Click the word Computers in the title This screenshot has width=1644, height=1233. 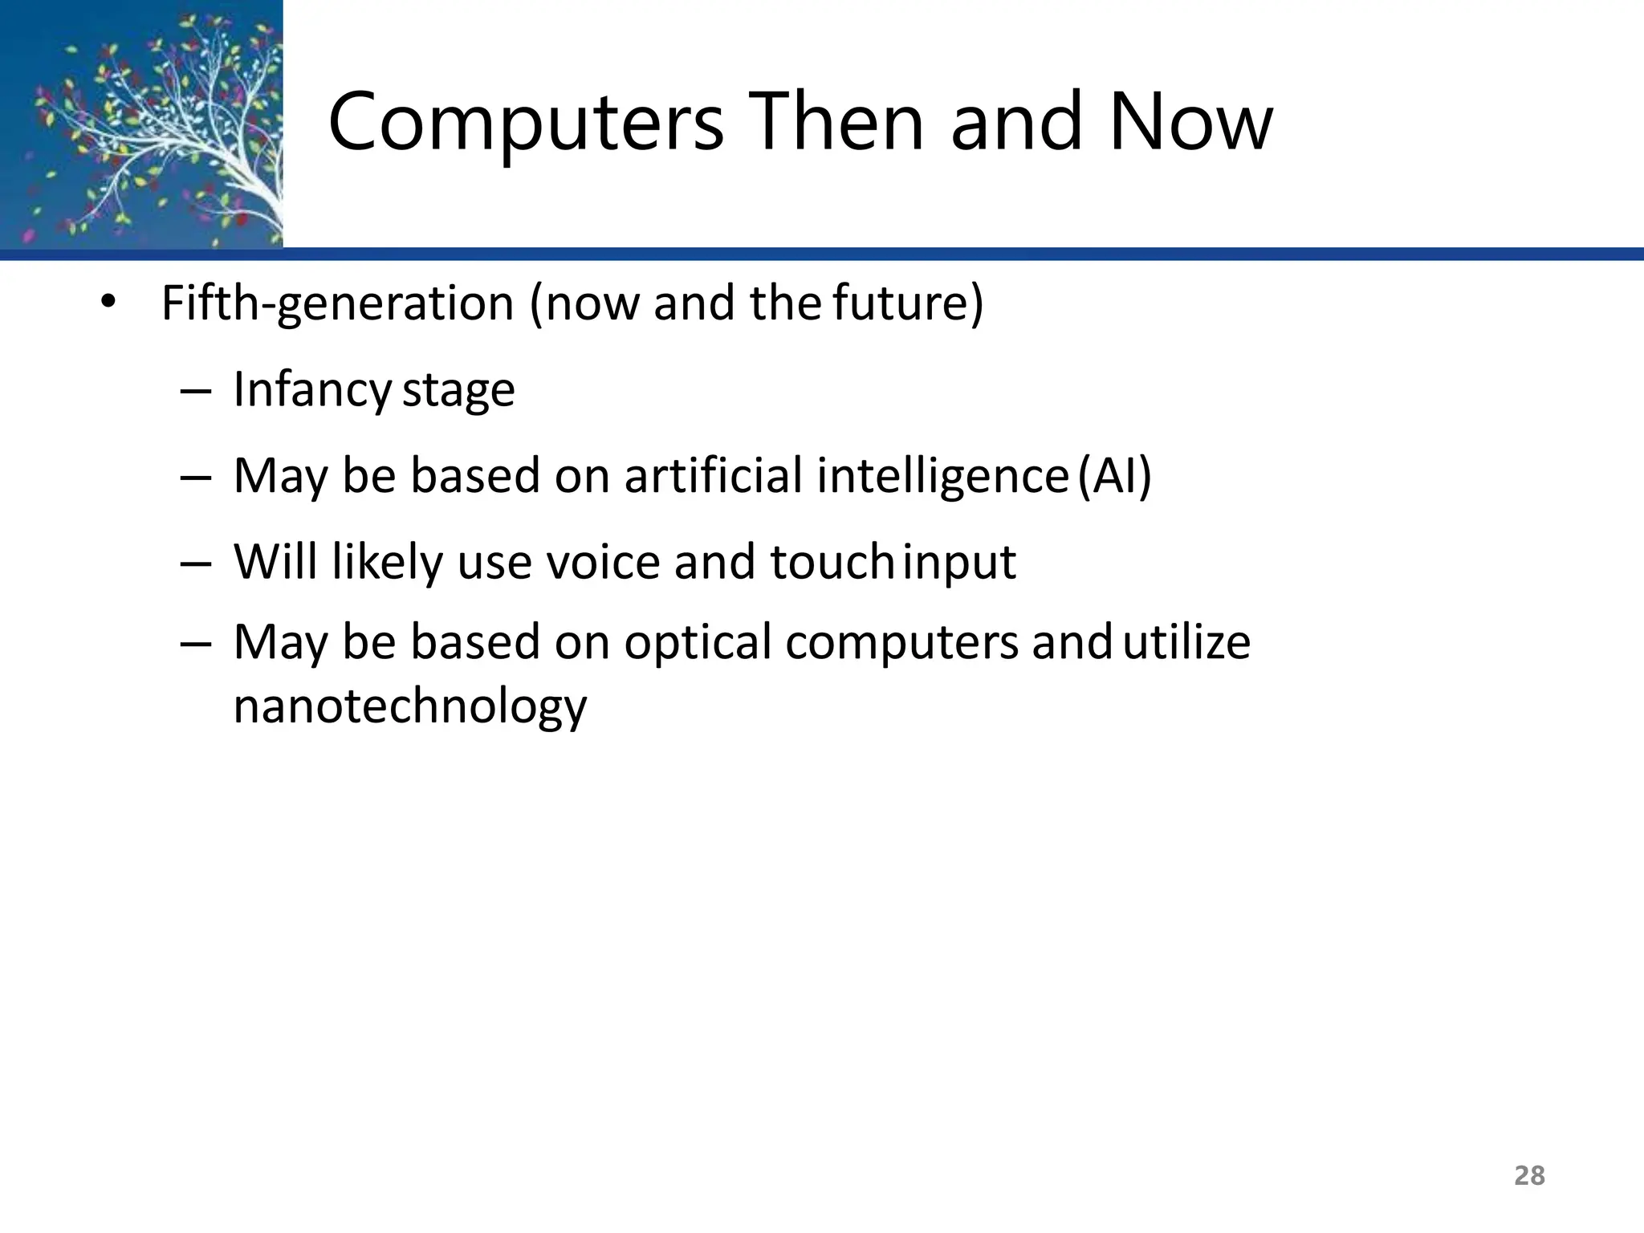[x=526, y=122]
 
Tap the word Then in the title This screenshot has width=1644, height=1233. [x=837, y=122]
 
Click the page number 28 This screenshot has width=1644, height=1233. [x=1529, y=1175]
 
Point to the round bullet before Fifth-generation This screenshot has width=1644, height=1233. [x=108, y=303]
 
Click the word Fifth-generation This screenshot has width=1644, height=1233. [x=337, y=303]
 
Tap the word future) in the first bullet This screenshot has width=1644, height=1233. [x=908, y=303]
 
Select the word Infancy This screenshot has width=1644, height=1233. [x=312, y=390]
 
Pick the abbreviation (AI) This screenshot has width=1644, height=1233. [x=1114, y=475]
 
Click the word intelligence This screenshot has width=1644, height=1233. [x=942, y=475]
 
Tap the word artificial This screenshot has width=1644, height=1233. [x=713, y=475]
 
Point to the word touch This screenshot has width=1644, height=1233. [x=832, y=561]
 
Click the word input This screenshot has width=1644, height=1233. [x=960, y=563]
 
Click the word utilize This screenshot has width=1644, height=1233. [x=1186, y=643]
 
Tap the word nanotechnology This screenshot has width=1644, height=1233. [x=410, y=707]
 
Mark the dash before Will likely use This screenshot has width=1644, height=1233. [x=196, y=563]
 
